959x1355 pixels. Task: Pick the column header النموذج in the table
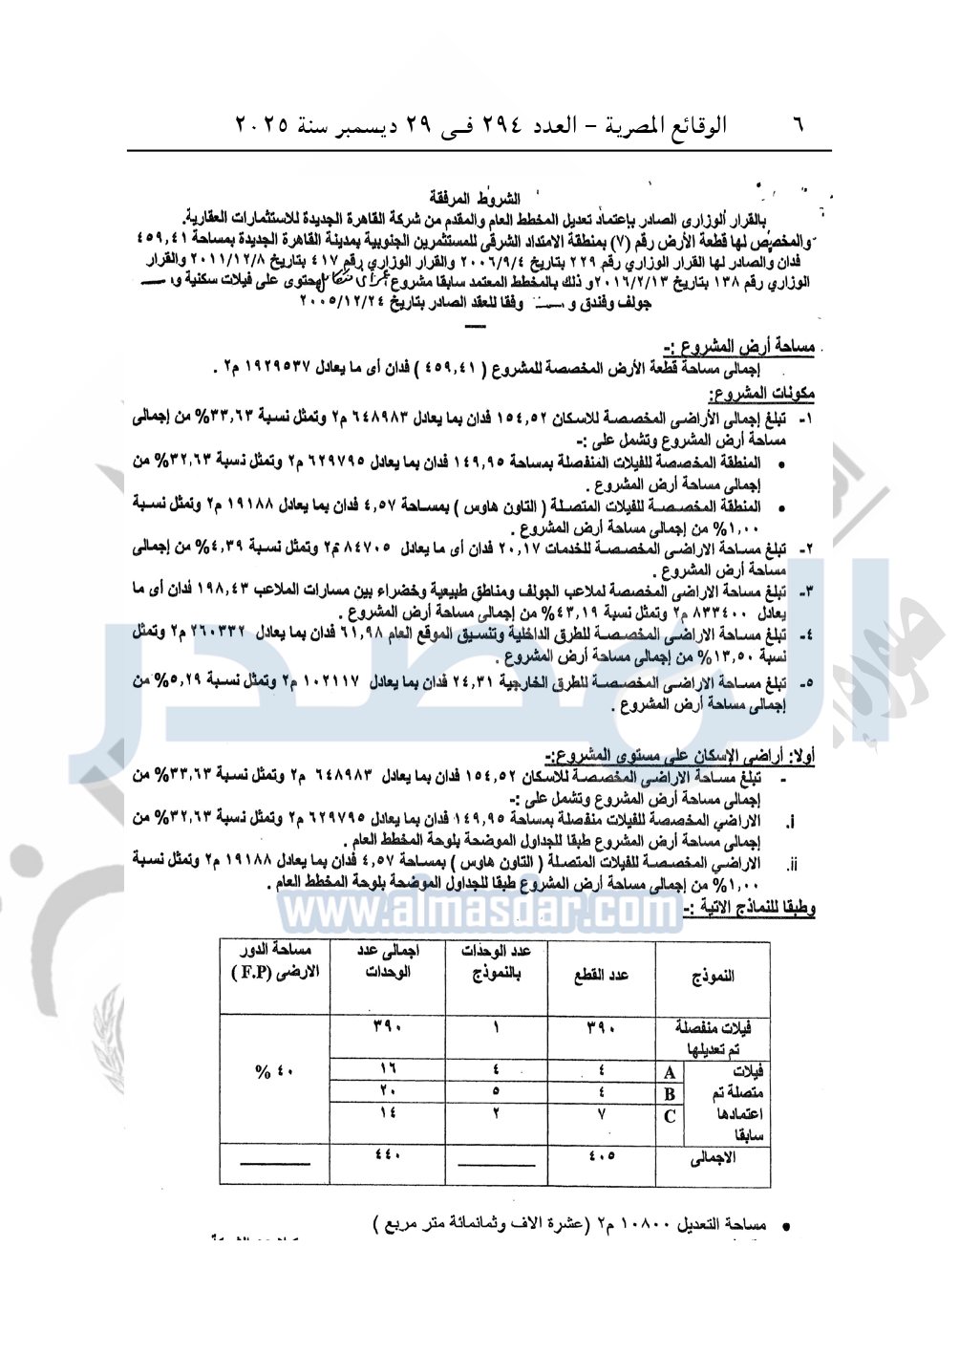click(x=713, y=976)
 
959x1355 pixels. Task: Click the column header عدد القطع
click(x=601, y=976)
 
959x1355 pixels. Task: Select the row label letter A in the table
click(x=670, y=1073)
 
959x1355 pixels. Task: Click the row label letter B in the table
click(x=670, y=1094)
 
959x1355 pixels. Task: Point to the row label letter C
click(x=670, y=1115)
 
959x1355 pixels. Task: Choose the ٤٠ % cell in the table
click(x=275, y=1071)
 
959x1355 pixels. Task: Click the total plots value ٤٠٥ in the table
click(x=601, y=1155)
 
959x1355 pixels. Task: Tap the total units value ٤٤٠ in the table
click(x=388, y=1153)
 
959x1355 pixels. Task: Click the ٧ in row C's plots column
click(x=601, y=1113)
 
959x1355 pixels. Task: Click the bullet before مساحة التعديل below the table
click(x=785, y=1225)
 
